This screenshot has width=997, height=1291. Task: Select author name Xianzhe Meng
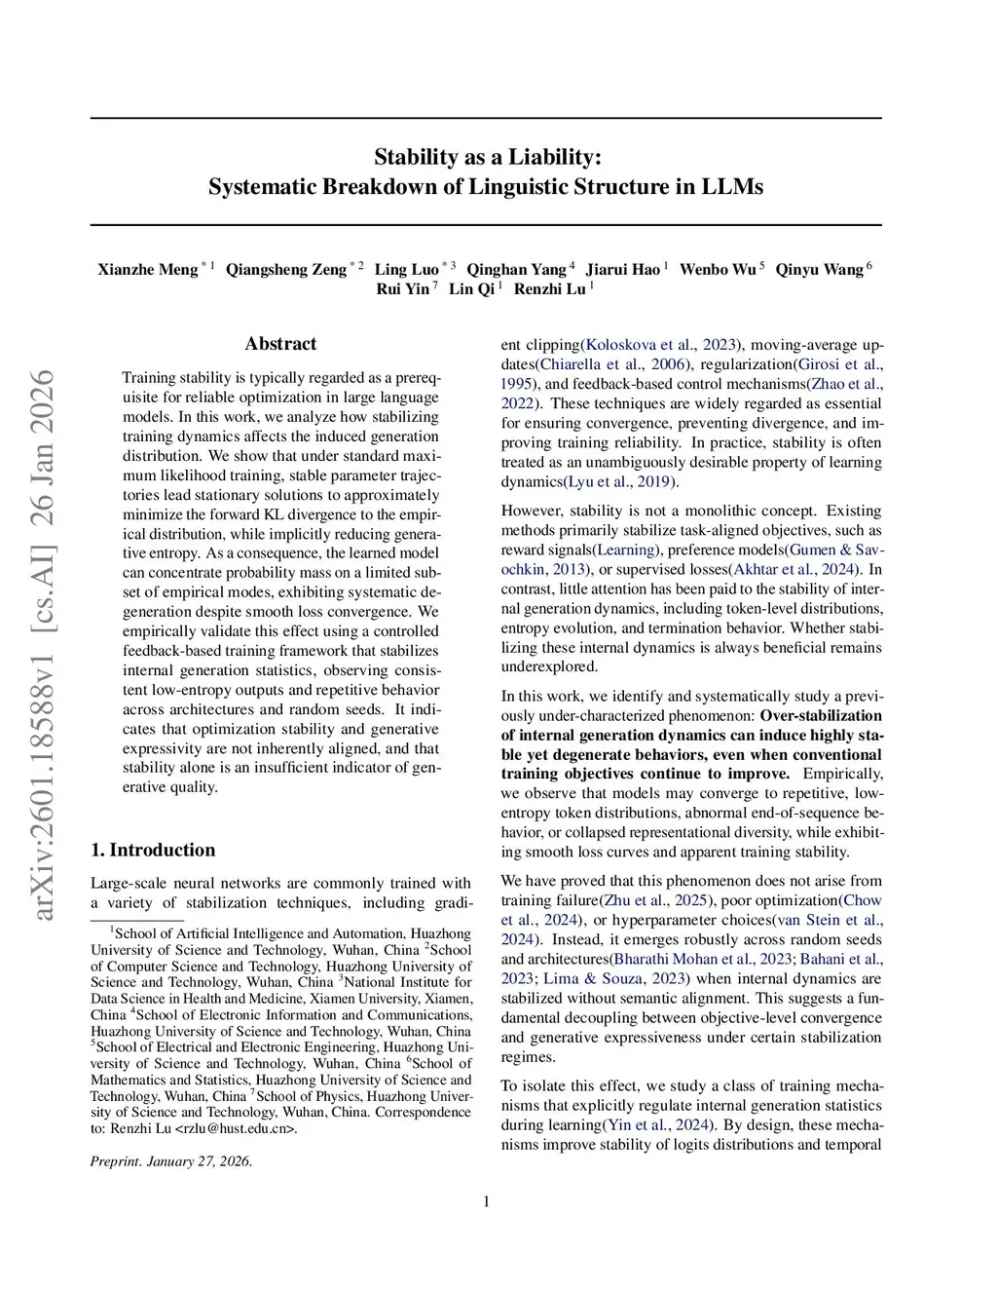tap(147, 270)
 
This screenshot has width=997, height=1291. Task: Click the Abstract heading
tap(280, 344)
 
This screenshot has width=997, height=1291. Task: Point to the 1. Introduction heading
tap(153, 850)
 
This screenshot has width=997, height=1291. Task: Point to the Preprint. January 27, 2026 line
tap(171, 1161)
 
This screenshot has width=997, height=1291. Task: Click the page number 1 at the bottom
tap(486, 1201)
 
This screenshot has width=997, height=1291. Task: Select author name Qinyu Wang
tap(819, 270)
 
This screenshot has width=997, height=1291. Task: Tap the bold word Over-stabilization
tap(821, 716)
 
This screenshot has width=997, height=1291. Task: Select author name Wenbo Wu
tap(717, 270)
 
